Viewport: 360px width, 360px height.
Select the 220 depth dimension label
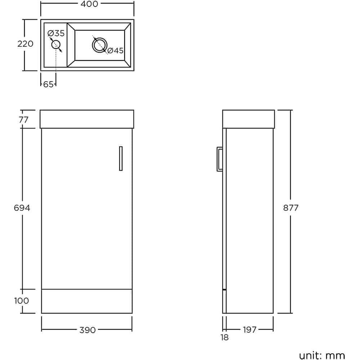tap(25, 44)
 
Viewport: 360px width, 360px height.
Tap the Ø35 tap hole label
tap(56, 33)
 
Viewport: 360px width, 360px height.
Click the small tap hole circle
tap(56, 45)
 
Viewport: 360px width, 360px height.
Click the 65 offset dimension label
tap(48, 85)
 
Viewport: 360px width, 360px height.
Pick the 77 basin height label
tap(23, 120)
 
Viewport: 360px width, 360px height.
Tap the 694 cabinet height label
tap(22, 208)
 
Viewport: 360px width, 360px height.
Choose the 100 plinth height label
tap(22, 301)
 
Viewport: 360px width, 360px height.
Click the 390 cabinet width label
tap(87, 330)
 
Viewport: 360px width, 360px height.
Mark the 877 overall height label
tap(291, 208)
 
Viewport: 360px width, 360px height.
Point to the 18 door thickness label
tap(224, 338)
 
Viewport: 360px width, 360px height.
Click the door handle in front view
tap(121, 158)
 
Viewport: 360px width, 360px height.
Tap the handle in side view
tap(219, 158)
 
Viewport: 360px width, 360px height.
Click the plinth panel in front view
tap(87, 301)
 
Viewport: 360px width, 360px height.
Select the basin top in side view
tap(248, 119)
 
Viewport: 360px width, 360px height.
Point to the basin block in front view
tap(87, 119)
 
